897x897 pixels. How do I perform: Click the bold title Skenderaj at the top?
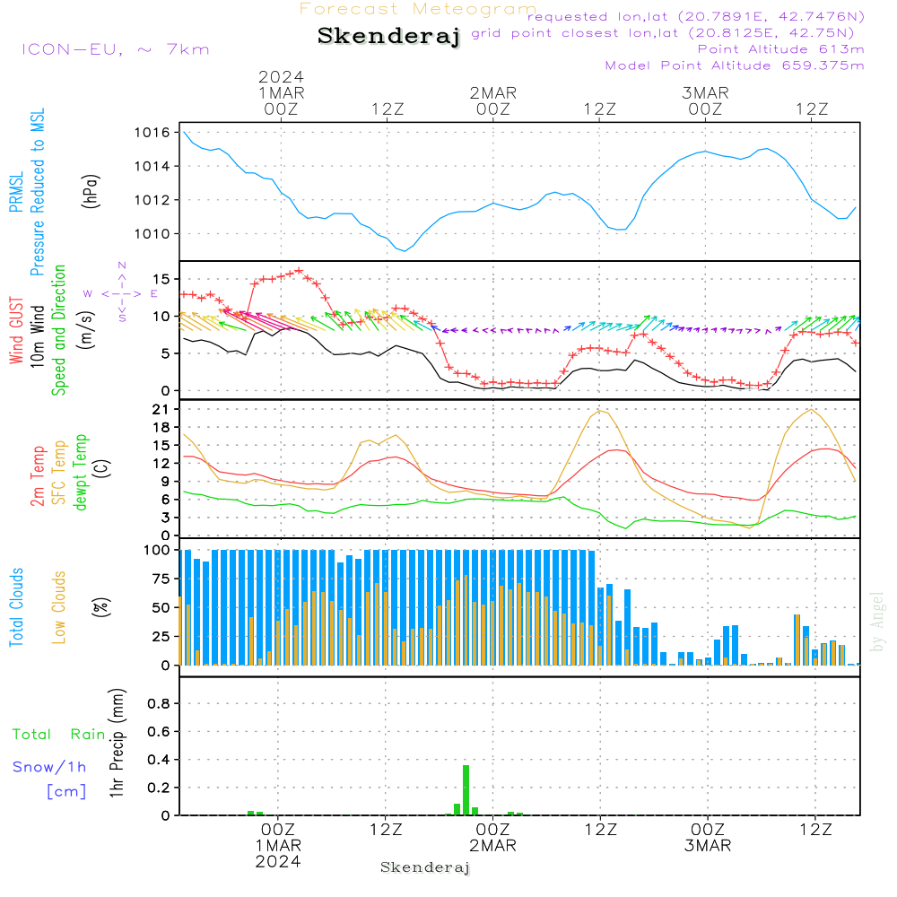pos(388,36)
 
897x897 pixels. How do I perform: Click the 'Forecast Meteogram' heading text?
pos(418,9)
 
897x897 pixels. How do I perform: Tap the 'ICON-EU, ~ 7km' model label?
pos(115,49)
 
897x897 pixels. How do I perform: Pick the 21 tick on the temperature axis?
pos(164,409)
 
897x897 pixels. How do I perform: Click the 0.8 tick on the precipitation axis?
pos(159,704)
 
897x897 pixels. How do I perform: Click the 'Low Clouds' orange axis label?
pos(59,606)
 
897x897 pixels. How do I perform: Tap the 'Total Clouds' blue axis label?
pos(17,606)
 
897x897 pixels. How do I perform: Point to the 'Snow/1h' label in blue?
pos(50,767)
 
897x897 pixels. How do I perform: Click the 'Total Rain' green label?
pos(59,735)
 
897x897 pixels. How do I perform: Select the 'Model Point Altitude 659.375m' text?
pos(735,65)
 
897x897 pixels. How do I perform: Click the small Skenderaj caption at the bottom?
pos(425,867)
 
